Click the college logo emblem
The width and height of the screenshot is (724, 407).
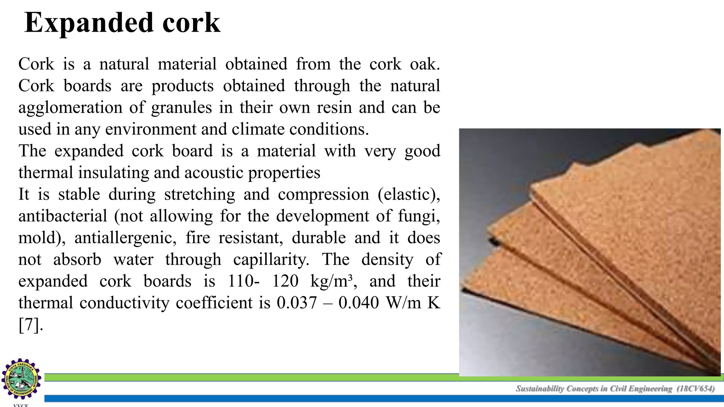[x=21, y=379]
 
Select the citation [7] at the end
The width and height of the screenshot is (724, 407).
[x=30, y=325]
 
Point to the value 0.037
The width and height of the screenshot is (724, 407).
[x=297, y=303]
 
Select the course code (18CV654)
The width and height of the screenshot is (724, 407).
[x=695, y=389]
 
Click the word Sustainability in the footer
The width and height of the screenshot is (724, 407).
[x=540, y=389]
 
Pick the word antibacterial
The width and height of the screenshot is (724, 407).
[x=63, y=216]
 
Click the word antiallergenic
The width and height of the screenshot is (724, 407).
[x=125, y=238]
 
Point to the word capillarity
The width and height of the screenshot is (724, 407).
[x=271, y=260]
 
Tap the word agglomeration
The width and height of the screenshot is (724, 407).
[x=70, y=107]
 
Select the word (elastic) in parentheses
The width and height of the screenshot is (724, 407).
[x=409, y=194]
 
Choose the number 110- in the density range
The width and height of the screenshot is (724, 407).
[x=244, y=281]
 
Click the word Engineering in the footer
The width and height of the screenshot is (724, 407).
[x=651, y=389]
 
